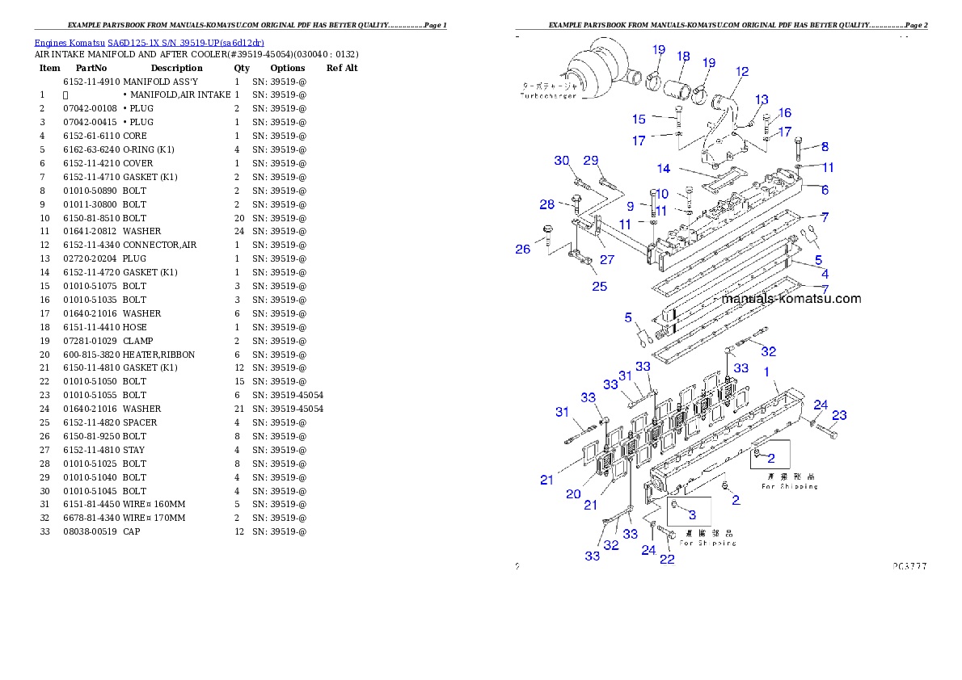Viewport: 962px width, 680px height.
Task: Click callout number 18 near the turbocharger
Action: [683, 57]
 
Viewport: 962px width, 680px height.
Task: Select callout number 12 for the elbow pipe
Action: [742, 72]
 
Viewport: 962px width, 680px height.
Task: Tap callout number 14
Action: [664, 169]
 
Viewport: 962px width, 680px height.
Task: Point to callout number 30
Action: [562, 161]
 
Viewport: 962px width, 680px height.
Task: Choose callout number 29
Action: [591, 161]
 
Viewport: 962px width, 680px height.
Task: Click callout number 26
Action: [523, 250]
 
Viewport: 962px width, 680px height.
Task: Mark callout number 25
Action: [599, 286]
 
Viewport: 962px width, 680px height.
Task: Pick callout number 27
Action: [606, 260]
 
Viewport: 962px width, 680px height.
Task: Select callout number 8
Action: [825, 147]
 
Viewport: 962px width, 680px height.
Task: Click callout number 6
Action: [825, 190]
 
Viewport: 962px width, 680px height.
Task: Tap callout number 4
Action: [825, 275]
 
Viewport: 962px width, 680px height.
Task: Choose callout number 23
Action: [840, 415]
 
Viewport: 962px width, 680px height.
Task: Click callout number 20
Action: [573, 493]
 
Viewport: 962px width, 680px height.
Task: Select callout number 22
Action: [667, 559]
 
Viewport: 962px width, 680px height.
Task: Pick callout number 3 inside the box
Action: [692, 514]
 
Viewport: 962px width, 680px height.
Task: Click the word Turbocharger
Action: [547, 95]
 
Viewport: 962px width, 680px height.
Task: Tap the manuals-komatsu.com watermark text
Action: [791, 299]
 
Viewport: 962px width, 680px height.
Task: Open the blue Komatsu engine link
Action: [149, 43]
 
